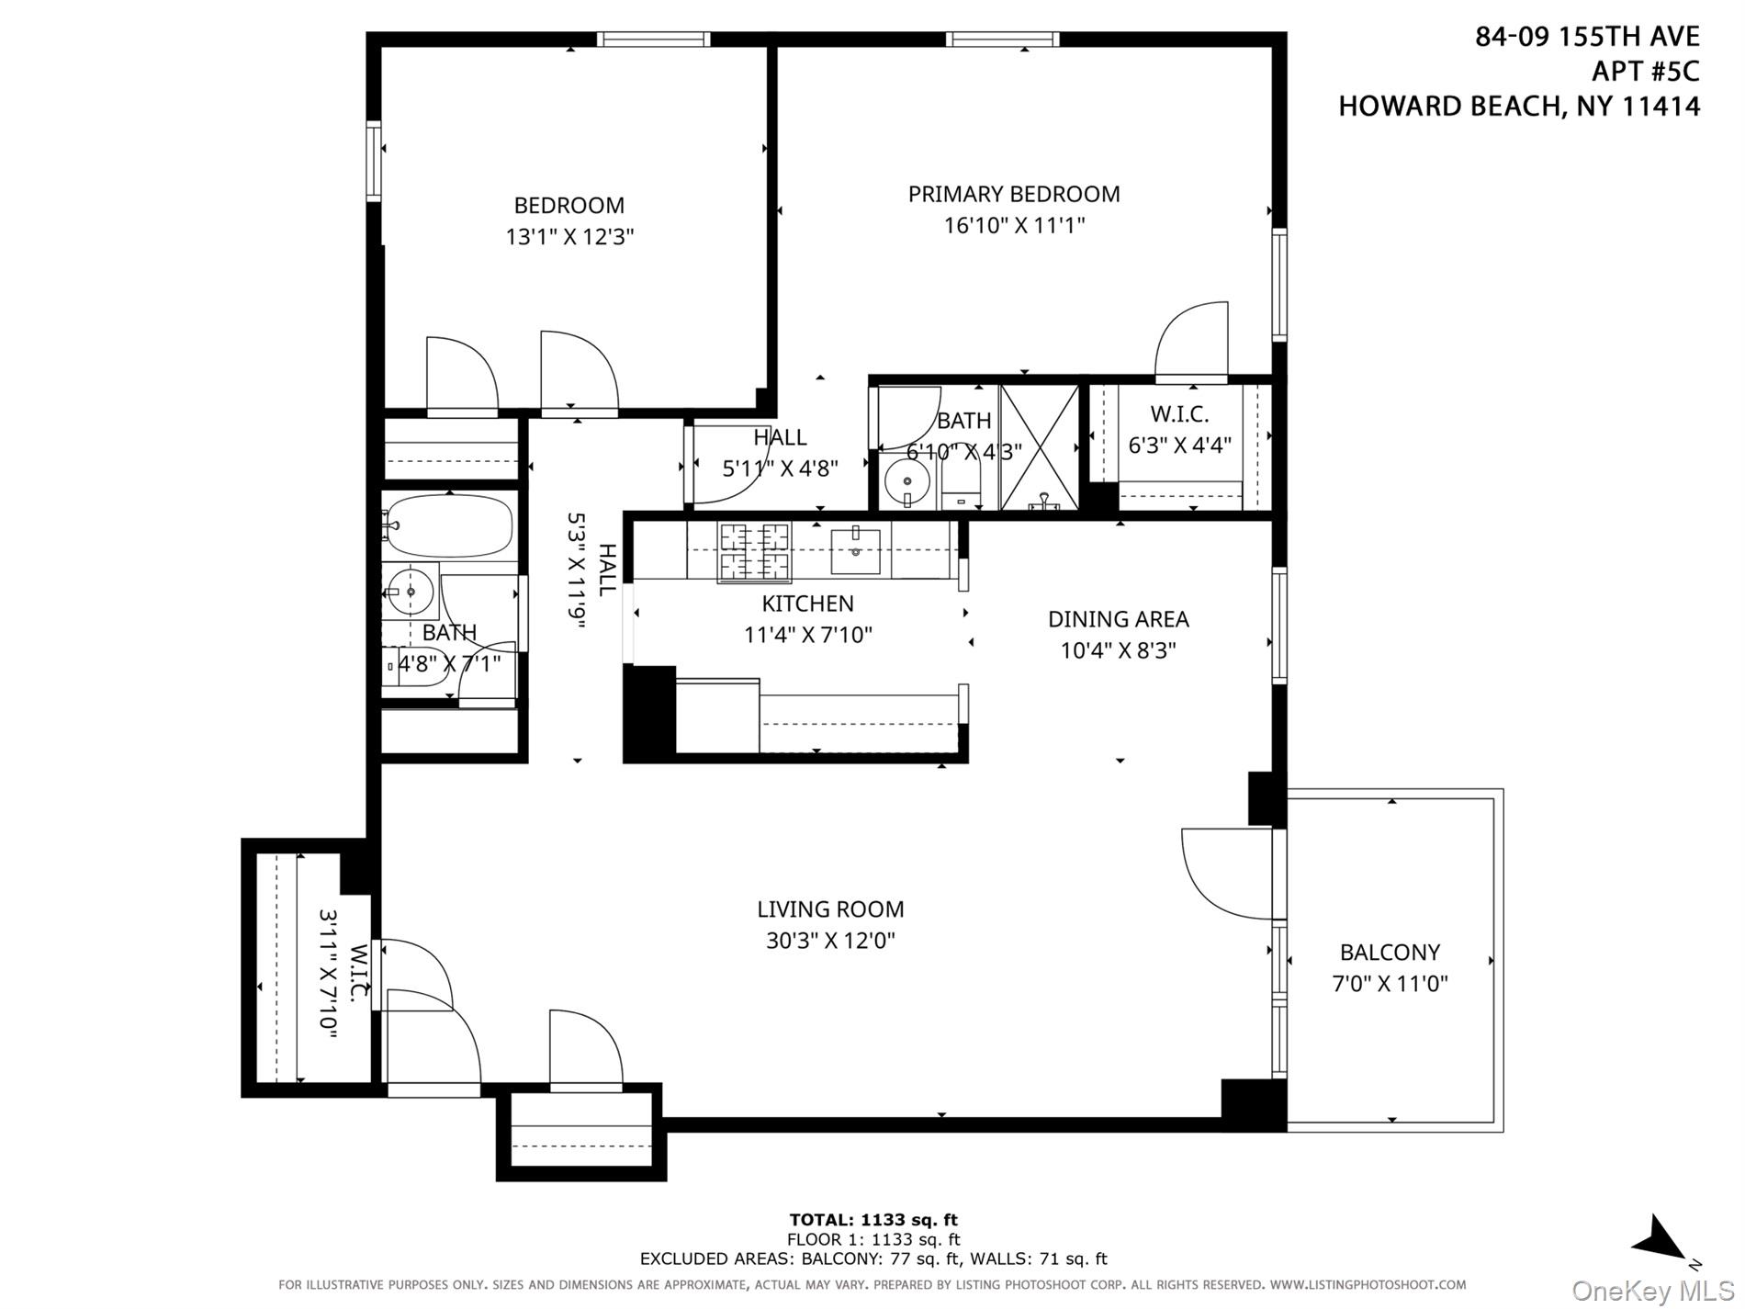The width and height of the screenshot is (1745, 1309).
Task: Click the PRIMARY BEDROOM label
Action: [1014, 194]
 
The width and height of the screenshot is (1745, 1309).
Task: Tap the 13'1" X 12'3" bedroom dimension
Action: [569, 237]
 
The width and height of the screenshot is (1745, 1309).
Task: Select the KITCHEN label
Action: [807, 604]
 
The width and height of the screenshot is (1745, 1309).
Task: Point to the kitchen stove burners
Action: [754, 551]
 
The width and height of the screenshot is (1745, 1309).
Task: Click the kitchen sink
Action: [855, 550]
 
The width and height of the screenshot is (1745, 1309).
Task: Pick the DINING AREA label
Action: [1118, 619]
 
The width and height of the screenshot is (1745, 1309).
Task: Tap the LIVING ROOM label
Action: [830, 909]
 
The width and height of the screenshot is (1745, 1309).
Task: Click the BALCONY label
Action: [1390, 953]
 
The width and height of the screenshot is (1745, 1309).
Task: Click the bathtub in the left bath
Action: [448, 526]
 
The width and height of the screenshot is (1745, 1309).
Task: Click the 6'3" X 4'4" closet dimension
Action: [1179, 446]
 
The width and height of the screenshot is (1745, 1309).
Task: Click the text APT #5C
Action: [1645, 71]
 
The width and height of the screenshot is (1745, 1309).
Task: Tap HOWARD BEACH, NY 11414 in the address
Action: [1518, 107]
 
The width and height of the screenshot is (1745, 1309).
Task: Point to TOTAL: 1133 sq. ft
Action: [872, 1220]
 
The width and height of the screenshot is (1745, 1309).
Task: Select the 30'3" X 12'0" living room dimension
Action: [830, 941]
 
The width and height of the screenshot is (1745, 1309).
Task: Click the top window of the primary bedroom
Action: [1002, 39]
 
